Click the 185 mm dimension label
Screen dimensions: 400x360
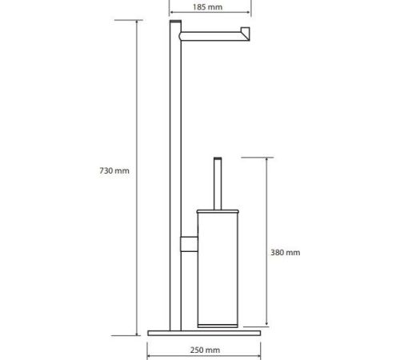tap(207, 7)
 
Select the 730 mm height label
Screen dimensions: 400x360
tap(114, 170)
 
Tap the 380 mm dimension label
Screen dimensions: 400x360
tap(286, 253)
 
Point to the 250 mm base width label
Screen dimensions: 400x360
tap(205, 350)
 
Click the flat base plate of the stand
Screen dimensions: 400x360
tap(204, 333)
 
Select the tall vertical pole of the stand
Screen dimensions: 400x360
tap(175, 176)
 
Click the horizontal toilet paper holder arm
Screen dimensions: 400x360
tap(214, 36)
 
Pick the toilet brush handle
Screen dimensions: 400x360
tap(218, 184)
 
